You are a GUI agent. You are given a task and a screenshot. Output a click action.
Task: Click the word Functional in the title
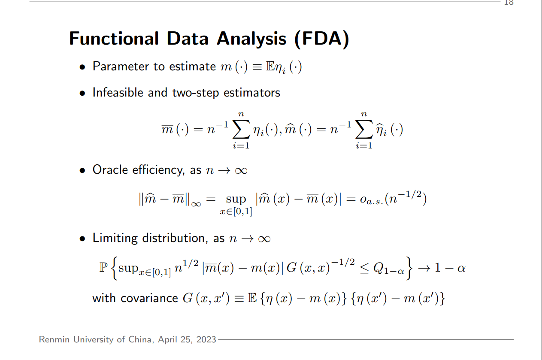pos(114,39)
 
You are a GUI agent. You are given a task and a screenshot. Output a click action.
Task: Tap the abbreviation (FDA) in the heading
pos(322,39)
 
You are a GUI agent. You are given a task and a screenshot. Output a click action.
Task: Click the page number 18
pos(509,3)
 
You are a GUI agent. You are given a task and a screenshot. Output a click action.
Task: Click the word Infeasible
pos(118,92)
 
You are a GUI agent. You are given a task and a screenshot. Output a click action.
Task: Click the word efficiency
pos(158,170)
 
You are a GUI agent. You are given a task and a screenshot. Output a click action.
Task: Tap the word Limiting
pos(115,238)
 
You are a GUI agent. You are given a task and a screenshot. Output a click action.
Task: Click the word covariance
pos(149,298)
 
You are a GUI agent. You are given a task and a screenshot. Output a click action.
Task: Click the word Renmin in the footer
pos(55,339)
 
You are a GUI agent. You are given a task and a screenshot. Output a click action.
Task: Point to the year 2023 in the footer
pos(206,339)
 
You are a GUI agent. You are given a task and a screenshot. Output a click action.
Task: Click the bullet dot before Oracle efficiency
pos(82,171)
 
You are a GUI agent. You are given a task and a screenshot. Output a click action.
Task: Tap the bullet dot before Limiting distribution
pos(82,239)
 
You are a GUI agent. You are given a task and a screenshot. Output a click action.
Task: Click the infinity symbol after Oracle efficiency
pos(241,171)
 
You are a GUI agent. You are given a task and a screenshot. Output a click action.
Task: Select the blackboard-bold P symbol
pos(103,268)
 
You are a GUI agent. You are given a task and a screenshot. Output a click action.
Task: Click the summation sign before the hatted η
pos(364,130)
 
